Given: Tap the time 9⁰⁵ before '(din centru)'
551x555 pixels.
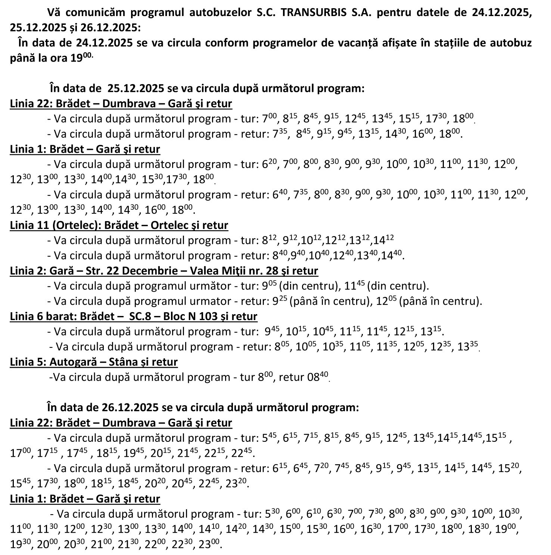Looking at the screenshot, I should click(269, 286).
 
